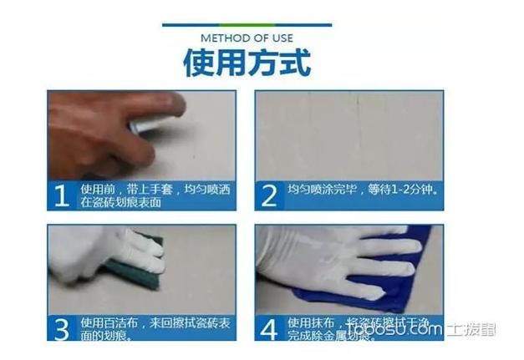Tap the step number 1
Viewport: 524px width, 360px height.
coord(61,195)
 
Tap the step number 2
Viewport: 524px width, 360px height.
coord(268,195)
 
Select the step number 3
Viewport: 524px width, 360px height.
coord(61,328)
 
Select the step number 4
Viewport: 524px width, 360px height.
coord(268,328)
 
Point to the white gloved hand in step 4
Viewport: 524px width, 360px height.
coord(334,255)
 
